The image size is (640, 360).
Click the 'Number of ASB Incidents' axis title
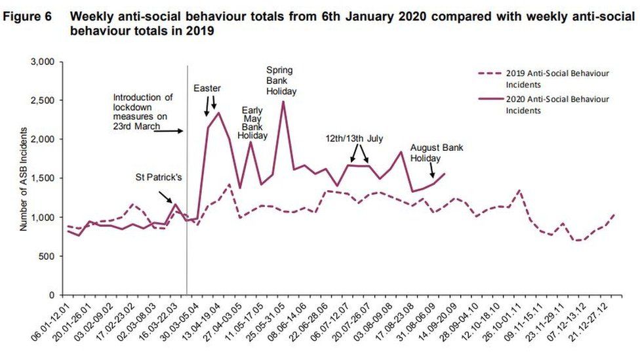point(24,178)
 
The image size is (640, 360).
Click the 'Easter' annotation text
point(207,88)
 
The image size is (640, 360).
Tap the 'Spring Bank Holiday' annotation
point(281,81)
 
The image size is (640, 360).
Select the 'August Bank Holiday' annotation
point(437,153)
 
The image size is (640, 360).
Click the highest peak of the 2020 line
point(283,101)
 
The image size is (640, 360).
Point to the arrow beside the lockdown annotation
point(169,131)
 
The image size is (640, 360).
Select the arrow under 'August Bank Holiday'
point(431,170)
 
